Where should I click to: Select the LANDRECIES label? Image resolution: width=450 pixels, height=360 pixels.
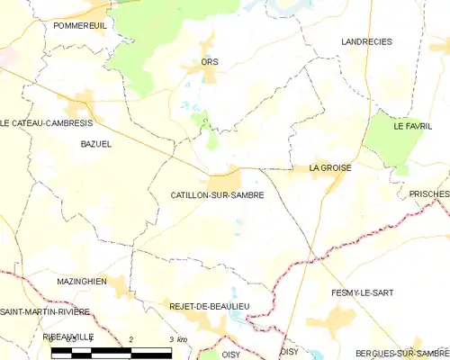click(x=367, y=41)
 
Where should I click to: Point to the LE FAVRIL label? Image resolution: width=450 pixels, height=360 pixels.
click(x=412, y=127)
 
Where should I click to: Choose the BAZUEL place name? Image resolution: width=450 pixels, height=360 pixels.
click(x=95, y=143)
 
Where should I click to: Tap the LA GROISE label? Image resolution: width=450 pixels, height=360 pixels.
click(x=330, y=167)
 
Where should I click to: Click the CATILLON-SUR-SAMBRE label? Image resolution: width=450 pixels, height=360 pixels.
click(x=217, y=194)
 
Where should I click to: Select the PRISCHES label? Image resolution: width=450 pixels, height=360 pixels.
click(x=428, y=193)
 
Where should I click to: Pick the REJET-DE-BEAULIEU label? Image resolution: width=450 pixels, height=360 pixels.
click(x=210, y=307)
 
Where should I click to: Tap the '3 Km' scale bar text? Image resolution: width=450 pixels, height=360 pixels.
click(x=177, y=338)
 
